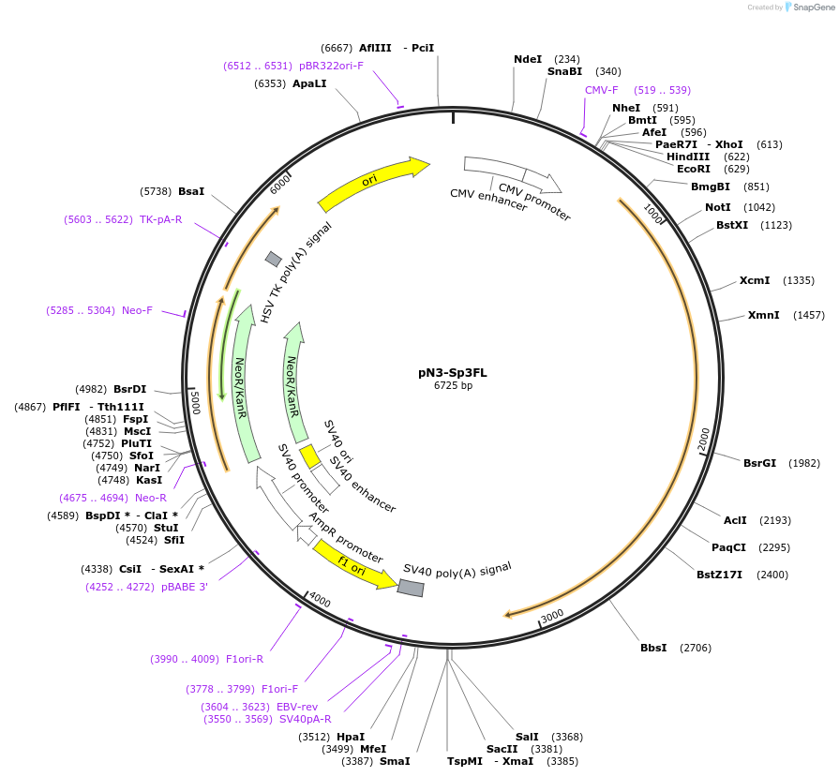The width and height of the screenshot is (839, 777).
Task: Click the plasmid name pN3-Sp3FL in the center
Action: pyautogui.click(x=452, y=372)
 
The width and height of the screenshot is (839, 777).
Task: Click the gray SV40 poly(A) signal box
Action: pyautogui.click(x=411, y=588)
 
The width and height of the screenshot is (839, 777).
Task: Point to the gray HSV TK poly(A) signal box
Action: pyautogui.click(x=274, y=259)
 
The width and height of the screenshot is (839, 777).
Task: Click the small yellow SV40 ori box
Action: pyautogui.click(x=309, y=456)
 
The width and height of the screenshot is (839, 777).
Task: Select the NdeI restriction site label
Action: pyautogui.click(x=528, y=59)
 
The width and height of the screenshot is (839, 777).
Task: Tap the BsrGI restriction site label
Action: pyautogui.click(x=760, y=463)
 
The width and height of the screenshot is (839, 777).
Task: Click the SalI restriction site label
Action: pyautogui.click(x=527, y=737)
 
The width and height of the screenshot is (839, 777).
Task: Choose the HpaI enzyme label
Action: pyautogui.click(x=351, y=737)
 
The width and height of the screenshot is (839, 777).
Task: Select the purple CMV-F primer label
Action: pyautogui.click(x=602, y=90)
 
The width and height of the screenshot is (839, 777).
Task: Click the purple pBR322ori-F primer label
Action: pyautogui.click(x=331, y=66)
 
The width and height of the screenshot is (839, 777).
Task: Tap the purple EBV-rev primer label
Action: pyautogui.click(x=297, y=707)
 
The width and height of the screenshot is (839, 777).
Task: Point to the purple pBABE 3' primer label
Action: pyautogui.click(x=185, y=587)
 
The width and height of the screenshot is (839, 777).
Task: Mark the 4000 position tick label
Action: pyautogui.click(x=320, y=600)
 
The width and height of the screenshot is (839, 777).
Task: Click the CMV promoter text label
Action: pyautogui.click(x=534, y=197)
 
